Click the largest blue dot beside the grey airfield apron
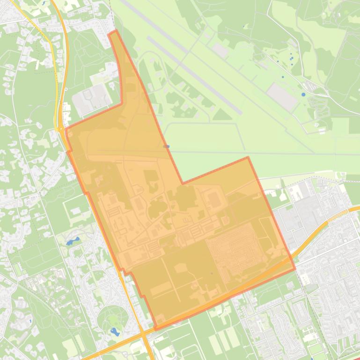pos(303,94)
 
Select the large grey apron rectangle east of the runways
pos(282,96)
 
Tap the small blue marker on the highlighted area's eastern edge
pos(166,146)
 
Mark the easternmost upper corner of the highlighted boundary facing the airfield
pos(248,158)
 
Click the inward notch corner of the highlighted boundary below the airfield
pos(183,183)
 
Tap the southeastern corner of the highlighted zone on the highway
pos(295,269)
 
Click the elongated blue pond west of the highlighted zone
pos(73,242)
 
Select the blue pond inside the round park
pos(114,331)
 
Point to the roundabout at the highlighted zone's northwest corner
pos(61,128)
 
